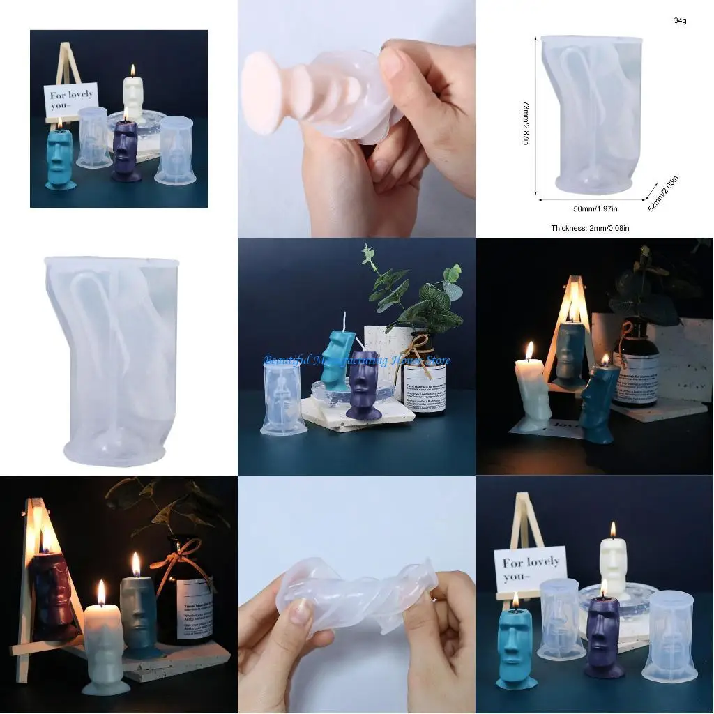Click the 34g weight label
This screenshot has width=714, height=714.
tap(680, 21)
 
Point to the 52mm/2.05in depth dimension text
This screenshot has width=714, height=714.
tap(663, 194)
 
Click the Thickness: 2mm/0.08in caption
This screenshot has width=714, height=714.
tap(590, 228)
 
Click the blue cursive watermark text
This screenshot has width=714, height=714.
tap(356, 360)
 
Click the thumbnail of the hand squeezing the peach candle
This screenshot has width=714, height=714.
tap(356, 119)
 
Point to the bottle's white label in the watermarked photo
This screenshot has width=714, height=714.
tap(424, 388)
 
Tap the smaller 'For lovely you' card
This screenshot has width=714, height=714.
tap(70, 100)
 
